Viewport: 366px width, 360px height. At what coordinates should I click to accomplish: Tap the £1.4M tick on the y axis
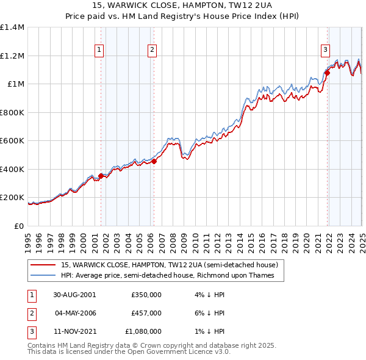pos(13,27)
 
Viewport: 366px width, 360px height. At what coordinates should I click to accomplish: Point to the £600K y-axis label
pos(12,140)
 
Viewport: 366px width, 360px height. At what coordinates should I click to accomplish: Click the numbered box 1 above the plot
pos(99,50)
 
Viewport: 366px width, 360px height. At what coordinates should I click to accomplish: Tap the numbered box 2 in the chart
pos(152,50)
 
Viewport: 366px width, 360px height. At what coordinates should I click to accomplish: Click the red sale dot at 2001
pos(101,176)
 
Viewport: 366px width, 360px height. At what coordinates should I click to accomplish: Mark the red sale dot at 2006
pos(154,161)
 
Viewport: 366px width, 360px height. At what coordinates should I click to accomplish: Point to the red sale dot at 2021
pos(328,73)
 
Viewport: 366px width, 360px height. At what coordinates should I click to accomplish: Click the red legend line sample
pos(43,265)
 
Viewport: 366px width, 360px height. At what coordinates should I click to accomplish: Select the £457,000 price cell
pos(146,313)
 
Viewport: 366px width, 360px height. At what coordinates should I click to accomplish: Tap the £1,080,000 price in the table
pos(143,332)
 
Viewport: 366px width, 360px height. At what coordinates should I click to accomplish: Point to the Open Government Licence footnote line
pos(129,352)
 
